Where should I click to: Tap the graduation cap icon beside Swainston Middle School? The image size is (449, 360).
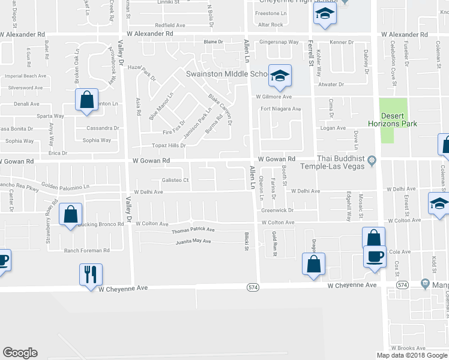pos(280,76)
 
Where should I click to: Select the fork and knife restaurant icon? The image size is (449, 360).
pos(91,274)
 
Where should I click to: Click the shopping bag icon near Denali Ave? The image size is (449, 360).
pos(86,99)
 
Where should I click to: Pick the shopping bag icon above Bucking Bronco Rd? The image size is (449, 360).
pos(71,214)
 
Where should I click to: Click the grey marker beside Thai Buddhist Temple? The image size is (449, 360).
pos(372,160)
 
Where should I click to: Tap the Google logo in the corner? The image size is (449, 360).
pos(20,352)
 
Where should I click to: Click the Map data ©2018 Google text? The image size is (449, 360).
pos(412,355)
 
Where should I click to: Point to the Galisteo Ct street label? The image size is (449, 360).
pos(175,180)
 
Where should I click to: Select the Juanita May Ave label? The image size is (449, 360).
pos(193,242)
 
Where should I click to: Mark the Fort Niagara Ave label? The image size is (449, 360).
pos(280,109)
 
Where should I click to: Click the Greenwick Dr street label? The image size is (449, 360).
pos(277,211)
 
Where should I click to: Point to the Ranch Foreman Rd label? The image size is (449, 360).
pos(87,250)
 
